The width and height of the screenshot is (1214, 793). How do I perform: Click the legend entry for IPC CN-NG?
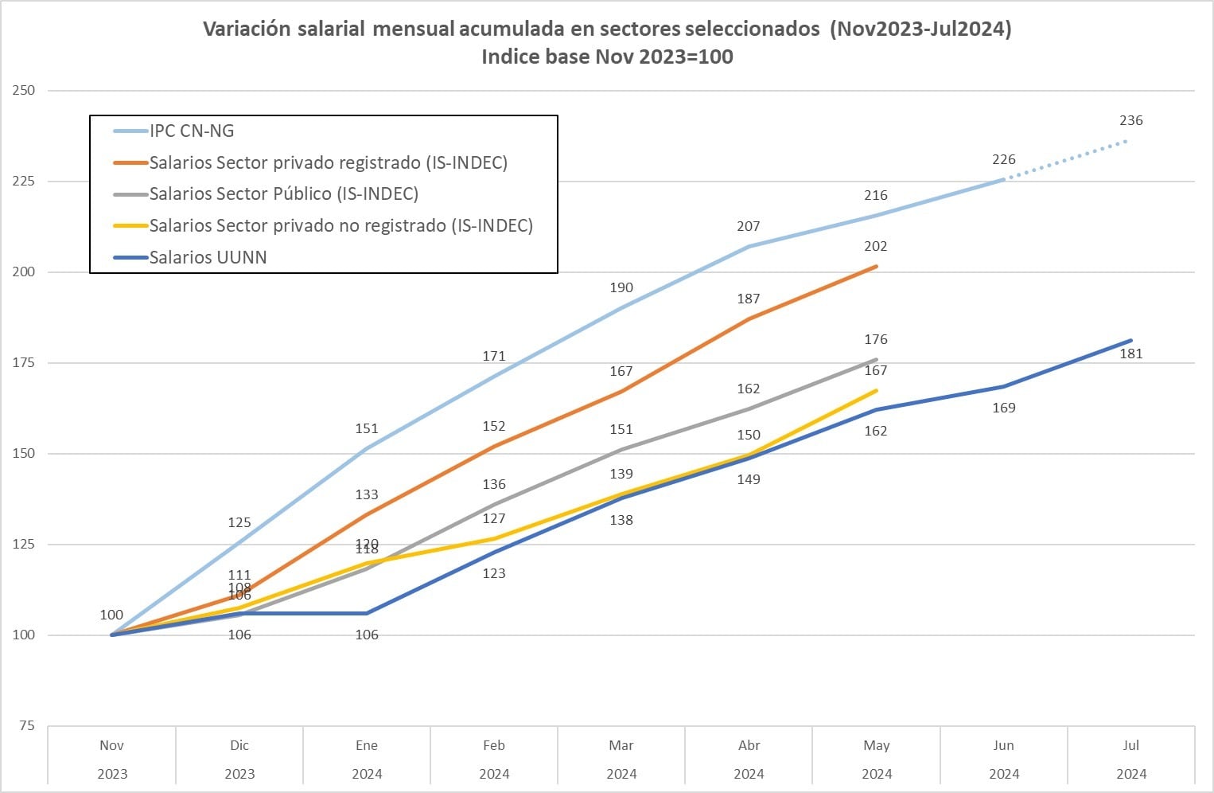192,131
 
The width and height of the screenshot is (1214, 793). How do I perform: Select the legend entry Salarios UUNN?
208,257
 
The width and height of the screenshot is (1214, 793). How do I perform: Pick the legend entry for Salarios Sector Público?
283,193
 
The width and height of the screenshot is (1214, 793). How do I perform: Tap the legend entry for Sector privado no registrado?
340,225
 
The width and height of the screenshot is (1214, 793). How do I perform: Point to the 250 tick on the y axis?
24,90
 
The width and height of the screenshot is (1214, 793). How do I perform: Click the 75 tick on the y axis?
27,725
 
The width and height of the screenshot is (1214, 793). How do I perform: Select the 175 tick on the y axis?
24,362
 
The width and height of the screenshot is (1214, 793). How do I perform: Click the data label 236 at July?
1130,120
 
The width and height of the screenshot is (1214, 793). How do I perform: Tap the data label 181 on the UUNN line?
1130,354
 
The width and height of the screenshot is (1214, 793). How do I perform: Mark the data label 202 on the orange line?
875,246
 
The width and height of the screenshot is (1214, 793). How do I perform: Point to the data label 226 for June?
1003,159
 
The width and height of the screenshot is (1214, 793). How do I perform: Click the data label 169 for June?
1003,408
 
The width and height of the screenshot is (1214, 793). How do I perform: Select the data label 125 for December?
239,522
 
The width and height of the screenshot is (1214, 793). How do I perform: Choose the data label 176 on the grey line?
875,339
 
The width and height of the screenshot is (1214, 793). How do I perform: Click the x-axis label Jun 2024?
1003,759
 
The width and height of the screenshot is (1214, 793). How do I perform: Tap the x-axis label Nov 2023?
111,759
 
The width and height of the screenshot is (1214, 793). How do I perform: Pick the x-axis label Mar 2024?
621,759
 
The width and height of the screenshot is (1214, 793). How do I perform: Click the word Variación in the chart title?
246,29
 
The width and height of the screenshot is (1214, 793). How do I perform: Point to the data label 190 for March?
621,287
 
